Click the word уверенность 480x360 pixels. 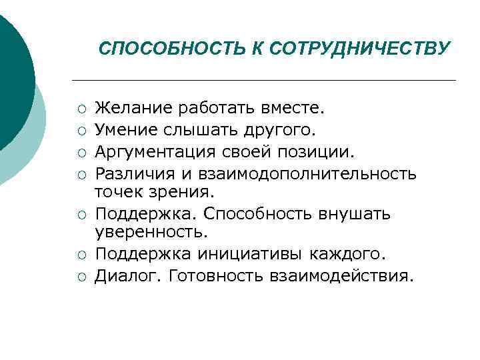(x=151, y=233)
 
